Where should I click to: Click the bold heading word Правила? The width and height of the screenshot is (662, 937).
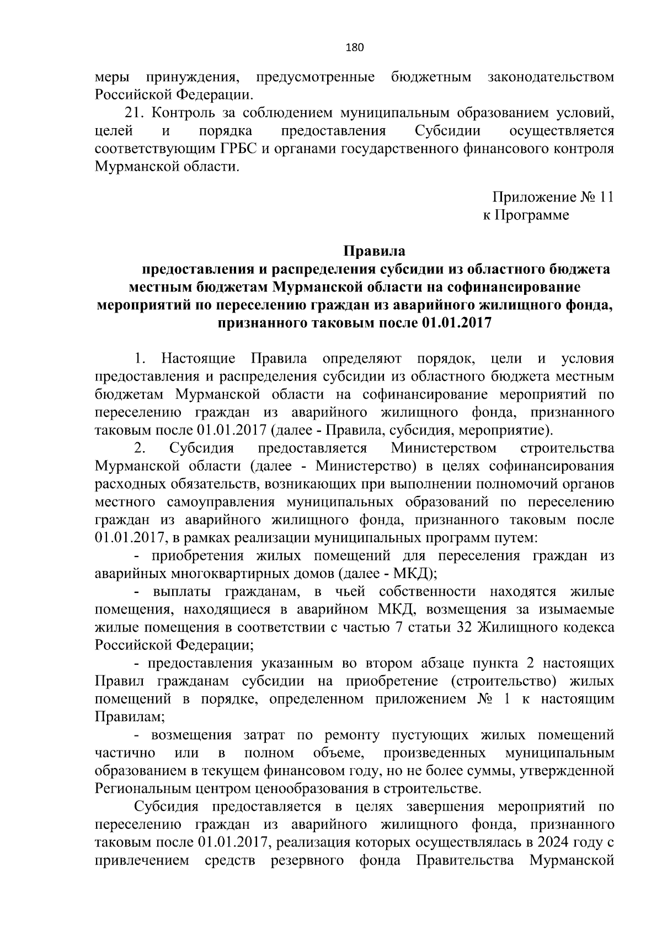coord(375,251)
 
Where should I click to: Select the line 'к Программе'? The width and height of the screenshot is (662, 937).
coord(526,215)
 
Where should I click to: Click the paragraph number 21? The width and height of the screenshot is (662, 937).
coord(135,113)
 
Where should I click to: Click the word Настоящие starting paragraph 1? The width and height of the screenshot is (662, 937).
coord(198,359)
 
